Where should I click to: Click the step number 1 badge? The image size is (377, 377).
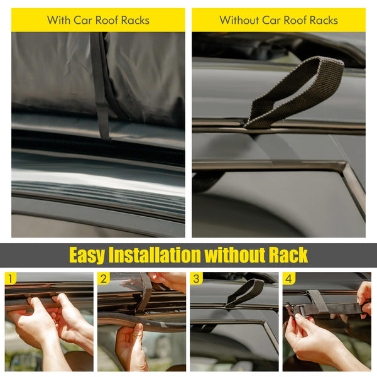11,278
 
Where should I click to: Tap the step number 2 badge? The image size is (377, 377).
104,278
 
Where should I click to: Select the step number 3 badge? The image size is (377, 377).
197,278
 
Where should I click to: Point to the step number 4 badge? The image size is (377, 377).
289,278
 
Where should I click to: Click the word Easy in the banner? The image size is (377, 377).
87,255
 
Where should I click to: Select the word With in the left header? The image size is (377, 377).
58,20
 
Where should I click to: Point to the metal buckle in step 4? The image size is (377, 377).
291,309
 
